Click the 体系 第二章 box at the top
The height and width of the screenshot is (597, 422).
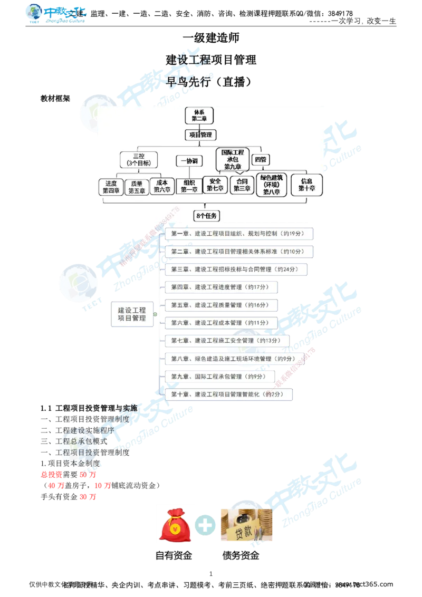click(198, 115)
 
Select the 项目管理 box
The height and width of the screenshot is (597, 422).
click(200, 135)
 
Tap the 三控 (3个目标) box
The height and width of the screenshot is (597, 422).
click(139, 160)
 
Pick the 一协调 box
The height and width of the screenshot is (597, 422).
click(189, 161)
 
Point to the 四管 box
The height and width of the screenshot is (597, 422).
click(260, 159)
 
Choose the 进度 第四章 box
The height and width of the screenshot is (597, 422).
click(111, 187)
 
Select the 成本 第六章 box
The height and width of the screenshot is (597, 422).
click(162, 186)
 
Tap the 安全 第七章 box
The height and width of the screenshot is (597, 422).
click(215, 185)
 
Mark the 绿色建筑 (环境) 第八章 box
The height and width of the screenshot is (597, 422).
click(272, 185)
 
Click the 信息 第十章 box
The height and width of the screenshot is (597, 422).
click(306, 185)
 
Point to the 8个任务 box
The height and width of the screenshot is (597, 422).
click(207, 215)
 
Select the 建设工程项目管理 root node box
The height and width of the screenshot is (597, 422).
click(132, 314)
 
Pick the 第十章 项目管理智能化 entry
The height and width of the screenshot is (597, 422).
click(229, 394)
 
